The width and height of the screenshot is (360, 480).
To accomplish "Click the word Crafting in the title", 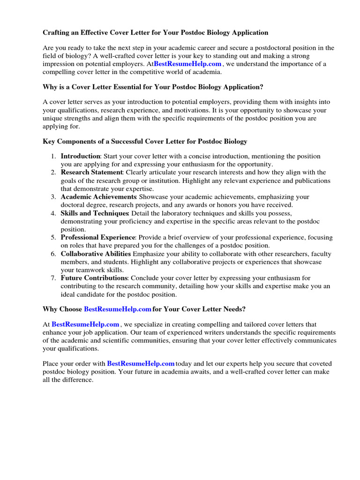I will click(56, 33).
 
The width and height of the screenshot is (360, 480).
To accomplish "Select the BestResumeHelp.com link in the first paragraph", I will click(187, 64).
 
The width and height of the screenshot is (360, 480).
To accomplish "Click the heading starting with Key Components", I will click(145, 141).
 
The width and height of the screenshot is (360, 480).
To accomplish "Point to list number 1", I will click(54, 156).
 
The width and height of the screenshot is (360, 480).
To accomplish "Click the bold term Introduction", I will click(80, 156).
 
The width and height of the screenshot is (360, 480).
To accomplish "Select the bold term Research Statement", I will click(91, 172).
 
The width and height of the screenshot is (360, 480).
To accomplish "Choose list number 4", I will click(54, 213).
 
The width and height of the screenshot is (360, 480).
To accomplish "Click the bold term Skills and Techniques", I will click(94, 213).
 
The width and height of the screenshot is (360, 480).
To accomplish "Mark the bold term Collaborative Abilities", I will click(96, 254).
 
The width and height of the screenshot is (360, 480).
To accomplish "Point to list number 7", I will click(54, 278).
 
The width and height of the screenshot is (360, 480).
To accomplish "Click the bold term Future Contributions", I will click(94, 278).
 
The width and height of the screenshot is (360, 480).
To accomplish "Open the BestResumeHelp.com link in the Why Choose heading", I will click(117, 309).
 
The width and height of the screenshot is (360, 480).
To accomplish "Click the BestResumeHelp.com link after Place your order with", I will click(141, 363).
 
